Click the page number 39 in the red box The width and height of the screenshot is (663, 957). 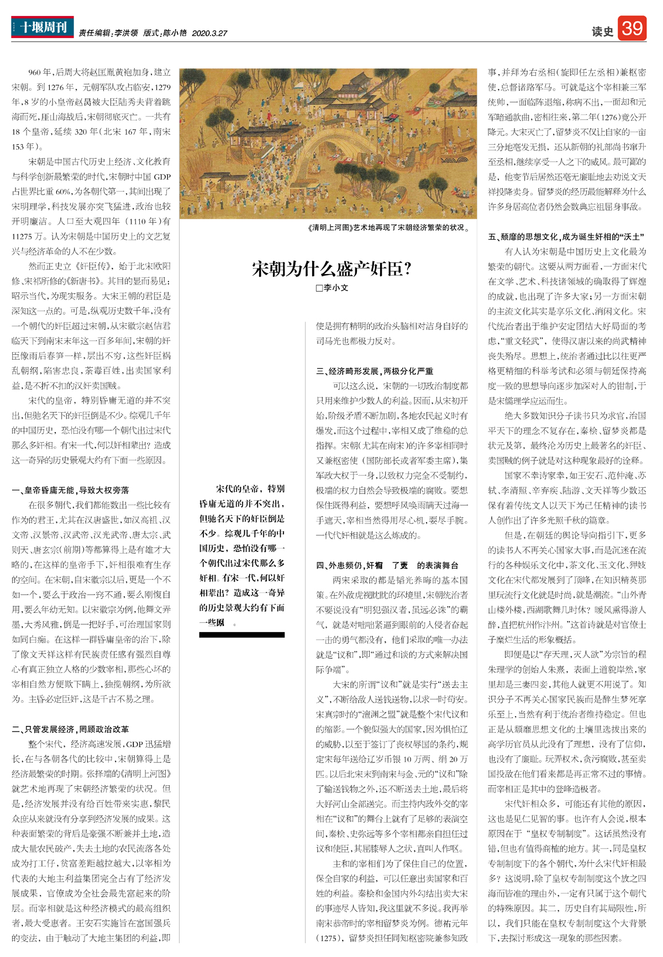pos(632,28)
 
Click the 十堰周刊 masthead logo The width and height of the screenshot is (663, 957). pos(43,27)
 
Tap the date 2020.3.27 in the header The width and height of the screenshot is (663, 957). pos(209,34)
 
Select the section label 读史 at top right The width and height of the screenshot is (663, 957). pos(602,32)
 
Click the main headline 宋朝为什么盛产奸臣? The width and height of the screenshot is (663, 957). pos(332,269)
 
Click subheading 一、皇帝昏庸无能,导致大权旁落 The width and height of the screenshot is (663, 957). pos(70,490)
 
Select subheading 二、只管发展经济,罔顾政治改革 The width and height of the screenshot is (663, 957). pos(70,729)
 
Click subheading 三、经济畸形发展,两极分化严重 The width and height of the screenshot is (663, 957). pos(375,371)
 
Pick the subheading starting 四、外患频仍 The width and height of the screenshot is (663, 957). pos(387,565)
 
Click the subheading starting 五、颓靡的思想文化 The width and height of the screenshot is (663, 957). pos(566,236)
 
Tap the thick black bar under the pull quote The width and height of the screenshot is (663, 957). pos(241,635)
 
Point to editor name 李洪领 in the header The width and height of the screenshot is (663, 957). pos(126,34)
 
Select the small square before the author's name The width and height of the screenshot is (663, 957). pos(319,288)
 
